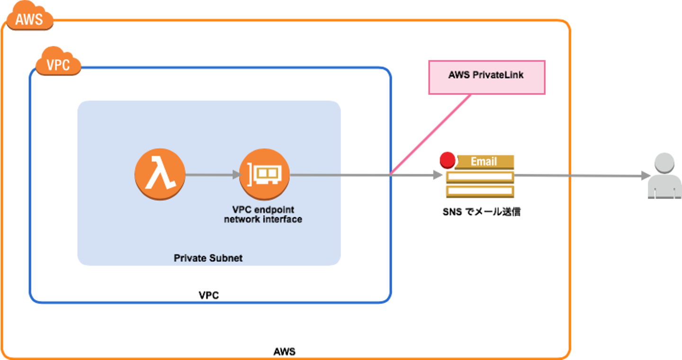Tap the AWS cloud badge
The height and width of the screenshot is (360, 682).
(29, 19)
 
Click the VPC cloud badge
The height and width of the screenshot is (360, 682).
(58, 64)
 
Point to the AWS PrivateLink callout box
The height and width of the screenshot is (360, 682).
(486, 77)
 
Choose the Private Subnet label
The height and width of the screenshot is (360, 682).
(208, 258)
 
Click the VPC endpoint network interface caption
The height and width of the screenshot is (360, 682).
(263, 215)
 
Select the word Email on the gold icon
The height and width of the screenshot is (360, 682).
(484, 162)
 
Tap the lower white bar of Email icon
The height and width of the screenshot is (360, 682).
(480, 191)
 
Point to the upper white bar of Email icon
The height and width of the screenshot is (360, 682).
(480, 177)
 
